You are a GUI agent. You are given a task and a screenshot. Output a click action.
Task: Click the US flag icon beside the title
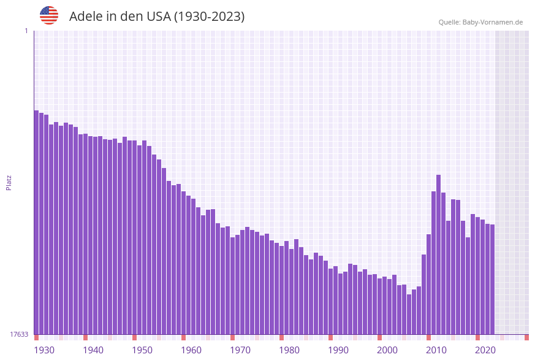[49, 15]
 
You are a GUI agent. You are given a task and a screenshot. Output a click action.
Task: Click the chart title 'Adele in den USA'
[157, 17]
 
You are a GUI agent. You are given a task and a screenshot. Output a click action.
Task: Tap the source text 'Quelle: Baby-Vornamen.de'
[480, 22]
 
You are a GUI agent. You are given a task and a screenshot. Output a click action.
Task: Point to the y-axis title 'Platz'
[9, 182]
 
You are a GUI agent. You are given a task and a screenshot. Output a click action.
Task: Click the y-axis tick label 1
[26, 31]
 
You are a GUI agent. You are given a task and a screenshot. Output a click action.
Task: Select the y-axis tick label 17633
[19, 334]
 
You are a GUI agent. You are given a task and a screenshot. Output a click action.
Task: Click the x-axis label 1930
[44, 350]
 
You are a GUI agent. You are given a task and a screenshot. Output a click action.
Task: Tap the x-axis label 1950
[142, 350]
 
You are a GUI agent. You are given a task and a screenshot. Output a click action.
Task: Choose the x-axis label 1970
[240, 350]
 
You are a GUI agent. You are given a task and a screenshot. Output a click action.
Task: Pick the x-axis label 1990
[338, 350]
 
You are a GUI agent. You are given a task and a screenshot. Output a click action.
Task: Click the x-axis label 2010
[436, 350]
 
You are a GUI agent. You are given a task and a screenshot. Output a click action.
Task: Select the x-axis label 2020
[485, 350]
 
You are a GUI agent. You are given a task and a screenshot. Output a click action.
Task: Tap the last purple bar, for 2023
[492, 279]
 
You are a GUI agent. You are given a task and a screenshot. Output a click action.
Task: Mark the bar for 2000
[379, 306]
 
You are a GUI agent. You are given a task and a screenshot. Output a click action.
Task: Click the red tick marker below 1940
[85, 337]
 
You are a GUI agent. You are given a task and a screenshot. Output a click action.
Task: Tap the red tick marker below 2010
[428, 337]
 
